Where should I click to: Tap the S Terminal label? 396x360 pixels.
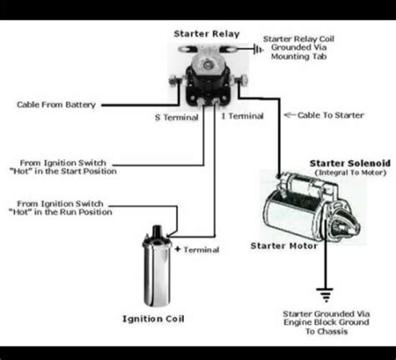pos(176,118)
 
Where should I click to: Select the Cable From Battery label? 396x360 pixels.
pos(56,105)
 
